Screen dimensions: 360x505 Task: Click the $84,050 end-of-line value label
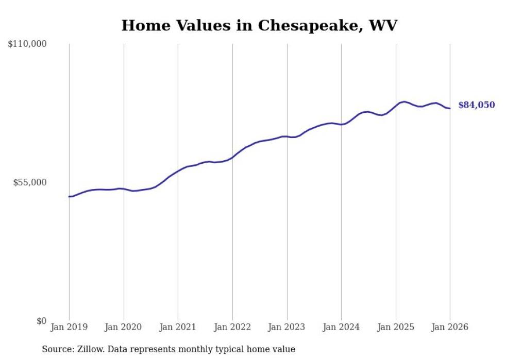point(476,105)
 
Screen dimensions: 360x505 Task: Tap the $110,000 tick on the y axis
point(27,44)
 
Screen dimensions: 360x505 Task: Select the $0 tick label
point(41,321)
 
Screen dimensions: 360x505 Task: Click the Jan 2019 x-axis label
point(69,327)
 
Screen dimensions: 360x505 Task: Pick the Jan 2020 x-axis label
point(124,327)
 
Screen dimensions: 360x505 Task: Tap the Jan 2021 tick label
point(178,327)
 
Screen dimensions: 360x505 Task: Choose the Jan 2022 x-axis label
point(232,327)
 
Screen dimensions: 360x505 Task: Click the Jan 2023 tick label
point(287,327)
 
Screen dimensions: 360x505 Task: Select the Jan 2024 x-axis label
point(341,327)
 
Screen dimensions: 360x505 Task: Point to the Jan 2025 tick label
point(396,327)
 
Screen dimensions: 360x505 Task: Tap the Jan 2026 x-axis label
point(450,327)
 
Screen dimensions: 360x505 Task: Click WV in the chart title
point(384,25)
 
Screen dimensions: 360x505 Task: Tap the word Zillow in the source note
point(90,349)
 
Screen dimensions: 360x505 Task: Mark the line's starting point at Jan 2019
point(69,197)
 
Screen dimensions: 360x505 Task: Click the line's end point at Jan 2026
point(450,108)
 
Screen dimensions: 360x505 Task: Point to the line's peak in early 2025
point(405,101)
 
